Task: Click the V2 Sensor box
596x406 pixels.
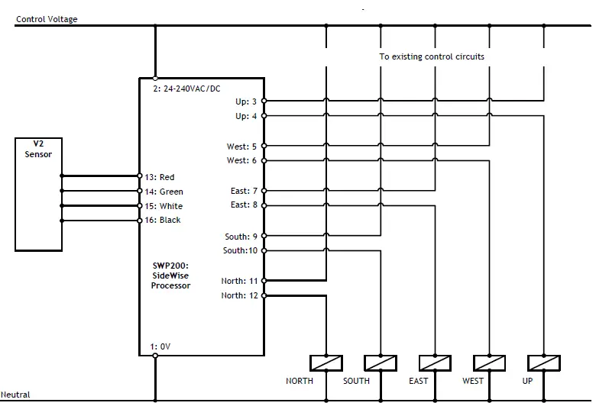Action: [x=38, y=194]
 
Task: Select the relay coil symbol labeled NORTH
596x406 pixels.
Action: [x=326, y=362]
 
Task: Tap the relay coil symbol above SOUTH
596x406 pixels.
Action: [x=380, y=362]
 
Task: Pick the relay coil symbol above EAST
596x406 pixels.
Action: [x=435, y=362]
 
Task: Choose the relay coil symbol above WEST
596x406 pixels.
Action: [x=489, y=362]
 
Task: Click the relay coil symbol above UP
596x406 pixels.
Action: [x=544, y=362]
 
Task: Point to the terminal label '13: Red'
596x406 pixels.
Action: [x=159, y=177]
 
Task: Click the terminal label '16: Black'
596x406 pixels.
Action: [x=162, y=220]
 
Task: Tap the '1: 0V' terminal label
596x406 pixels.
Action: [x=160, y=346]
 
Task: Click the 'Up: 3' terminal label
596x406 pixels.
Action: [x=247, y=101]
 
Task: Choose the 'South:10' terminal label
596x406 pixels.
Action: [x=241, y=250]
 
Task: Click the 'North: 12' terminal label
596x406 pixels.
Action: [x=240, y=295]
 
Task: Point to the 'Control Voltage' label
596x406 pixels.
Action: [x=46, y=19]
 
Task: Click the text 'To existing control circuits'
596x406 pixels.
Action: [x=432, y=56]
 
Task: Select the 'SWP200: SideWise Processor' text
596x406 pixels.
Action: [x=171, y=275]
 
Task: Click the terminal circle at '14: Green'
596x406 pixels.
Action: [x=139, y=192]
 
